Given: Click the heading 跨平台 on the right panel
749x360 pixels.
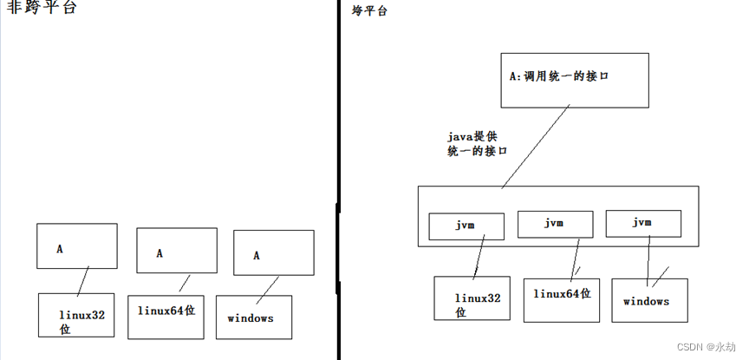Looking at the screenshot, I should (x=369, y=11).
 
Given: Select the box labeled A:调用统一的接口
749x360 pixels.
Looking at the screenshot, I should (x=574, y=80).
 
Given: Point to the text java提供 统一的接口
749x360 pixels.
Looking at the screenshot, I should (x=478, y=143).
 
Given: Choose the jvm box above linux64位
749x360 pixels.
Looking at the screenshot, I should (x=555, y=224).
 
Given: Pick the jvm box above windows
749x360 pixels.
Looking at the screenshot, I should (x=642, y=223).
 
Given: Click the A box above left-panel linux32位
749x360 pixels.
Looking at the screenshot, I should (x=76, y=245).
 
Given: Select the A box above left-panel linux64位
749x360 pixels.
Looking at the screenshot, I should (x=176, y=251).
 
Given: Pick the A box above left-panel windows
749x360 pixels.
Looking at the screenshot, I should (x=273, y=252).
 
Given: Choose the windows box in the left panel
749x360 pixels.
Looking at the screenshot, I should (x=253, y=317).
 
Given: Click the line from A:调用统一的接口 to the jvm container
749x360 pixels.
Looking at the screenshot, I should (x=535, y=147).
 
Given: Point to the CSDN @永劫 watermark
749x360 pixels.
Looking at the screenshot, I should (x=706, y=347).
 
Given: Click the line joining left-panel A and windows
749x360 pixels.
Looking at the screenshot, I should (x=267, y=286).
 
